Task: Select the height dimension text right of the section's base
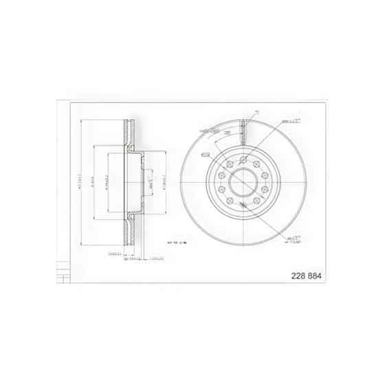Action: point(155,259)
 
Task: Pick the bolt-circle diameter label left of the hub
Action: point(205,155)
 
